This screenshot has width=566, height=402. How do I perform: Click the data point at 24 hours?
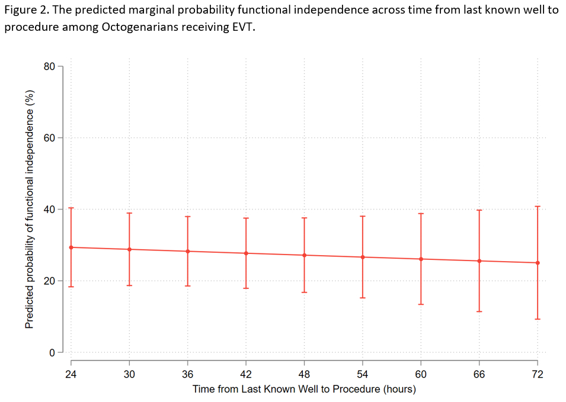tap(71, 247)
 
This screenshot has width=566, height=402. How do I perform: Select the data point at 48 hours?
tap(305, 255)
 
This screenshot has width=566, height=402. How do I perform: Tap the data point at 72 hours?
tap(538, 263)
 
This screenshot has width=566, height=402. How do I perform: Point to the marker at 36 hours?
tap(188, 251)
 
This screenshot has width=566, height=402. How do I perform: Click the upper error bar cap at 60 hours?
tap(421, 213)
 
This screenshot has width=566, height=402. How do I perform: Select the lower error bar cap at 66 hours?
tap(479, 311)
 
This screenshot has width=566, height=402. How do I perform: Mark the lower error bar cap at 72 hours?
tap(538, 319)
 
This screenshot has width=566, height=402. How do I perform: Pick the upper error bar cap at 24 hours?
tap(71, 208)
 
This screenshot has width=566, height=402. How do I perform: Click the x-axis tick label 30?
tap(129, 374)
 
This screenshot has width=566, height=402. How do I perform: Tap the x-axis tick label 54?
tap(363, 374)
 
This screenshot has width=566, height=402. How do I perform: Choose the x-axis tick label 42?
tap(246, 374)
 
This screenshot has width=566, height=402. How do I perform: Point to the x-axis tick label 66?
tap(479, 374)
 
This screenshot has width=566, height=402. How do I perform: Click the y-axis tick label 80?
tap(49, 67)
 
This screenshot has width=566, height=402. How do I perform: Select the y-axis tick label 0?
tap(52, 352)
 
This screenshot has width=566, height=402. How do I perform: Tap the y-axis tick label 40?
tap(49, 210)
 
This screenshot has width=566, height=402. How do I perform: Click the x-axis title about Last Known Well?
tap(304, 389)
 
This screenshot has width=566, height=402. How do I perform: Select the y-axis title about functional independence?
tap(29, 210)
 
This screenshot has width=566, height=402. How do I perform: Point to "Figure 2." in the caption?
tap(24, 11)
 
